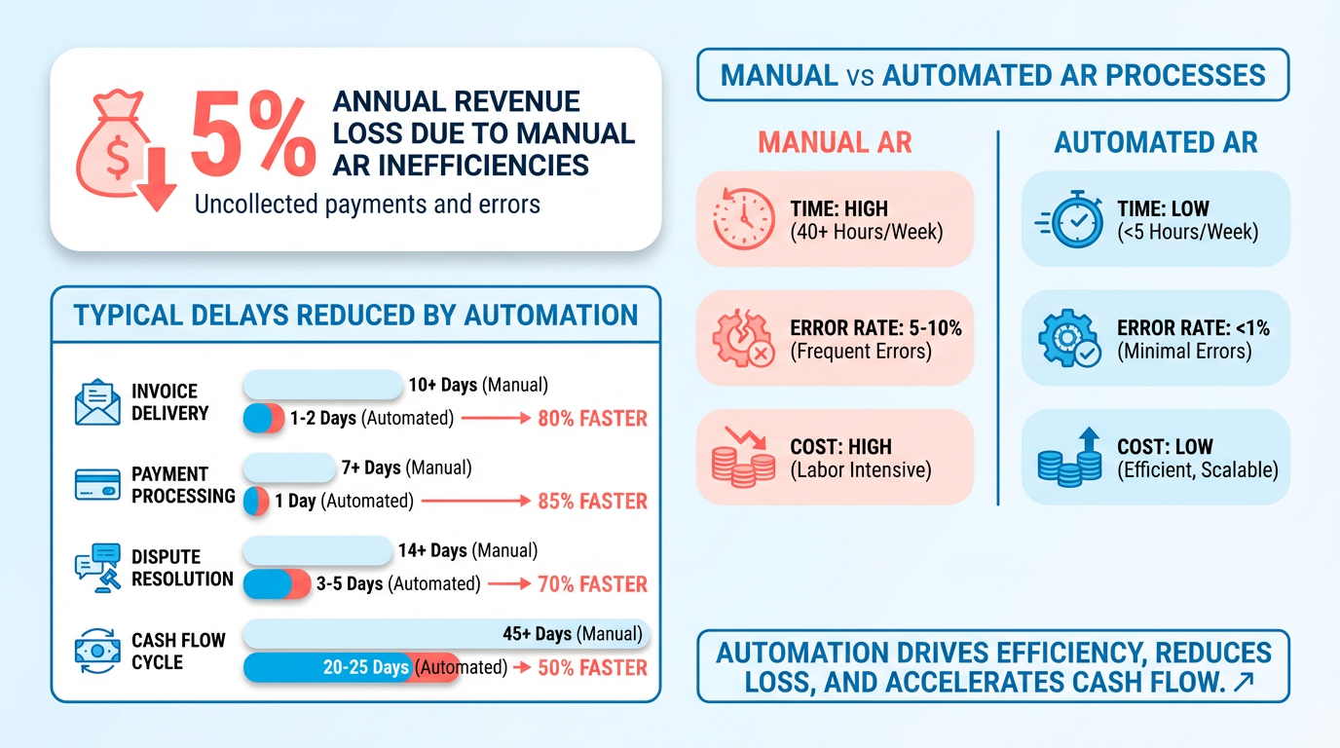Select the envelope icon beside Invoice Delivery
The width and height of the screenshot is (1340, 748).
[97, 402]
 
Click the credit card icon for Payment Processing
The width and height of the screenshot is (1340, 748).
[97, 484]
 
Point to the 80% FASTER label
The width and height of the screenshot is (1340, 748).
[592, 419]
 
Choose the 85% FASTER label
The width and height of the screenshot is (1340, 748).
[592, 502]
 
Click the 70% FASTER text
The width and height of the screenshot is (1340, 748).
[592, 584]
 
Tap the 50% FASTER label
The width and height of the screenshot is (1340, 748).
[592, 667]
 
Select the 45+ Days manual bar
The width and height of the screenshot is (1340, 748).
[444, 634]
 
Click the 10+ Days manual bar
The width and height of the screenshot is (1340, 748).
[322, 385]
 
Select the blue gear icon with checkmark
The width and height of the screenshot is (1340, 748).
[1068, 339]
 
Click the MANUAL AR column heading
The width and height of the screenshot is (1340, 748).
[835, 143]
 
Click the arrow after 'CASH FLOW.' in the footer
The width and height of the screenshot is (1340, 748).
[1242, 683]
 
